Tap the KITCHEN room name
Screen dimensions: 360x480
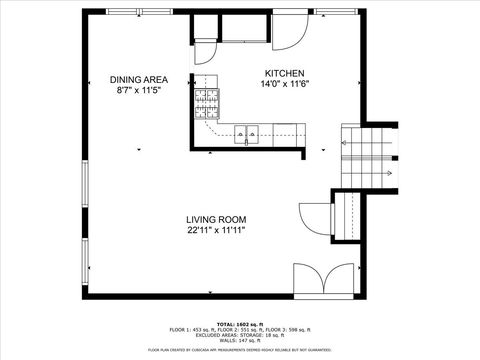tap(284, 74)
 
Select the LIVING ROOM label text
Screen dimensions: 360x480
tap(215, 219)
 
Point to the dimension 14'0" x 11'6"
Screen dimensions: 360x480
tap(284, 85)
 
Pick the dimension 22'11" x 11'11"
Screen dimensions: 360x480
tap(215, 230)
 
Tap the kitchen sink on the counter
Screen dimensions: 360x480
tap(245, 131)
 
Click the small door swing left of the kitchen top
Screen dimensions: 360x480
tap(204, 49)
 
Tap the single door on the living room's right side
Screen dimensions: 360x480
tap(314, 221)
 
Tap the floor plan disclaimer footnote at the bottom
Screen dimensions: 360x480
tap(239, 350)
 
